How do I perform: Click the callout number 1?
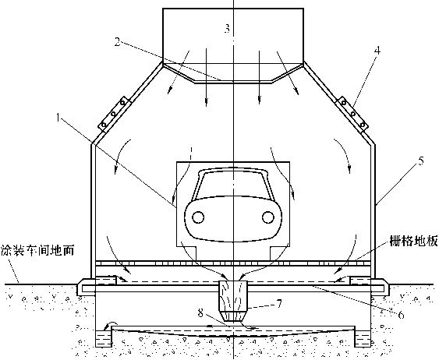coord(58,118)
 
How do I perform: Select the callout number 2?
coord(117,42)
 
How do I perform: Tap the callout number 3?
coord(227,28)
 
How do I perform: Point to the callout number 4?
coord(377,51)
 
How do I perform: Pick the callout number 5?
coord(421,161)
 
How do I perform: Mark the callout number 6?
coord(401,315)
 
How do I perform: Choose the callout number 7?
coord(278,304)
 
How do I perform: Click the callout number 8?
coord(200,313)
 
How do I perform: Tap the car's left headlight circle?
coord(198,217)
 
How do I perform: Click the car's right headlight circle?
coord(268,217)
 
